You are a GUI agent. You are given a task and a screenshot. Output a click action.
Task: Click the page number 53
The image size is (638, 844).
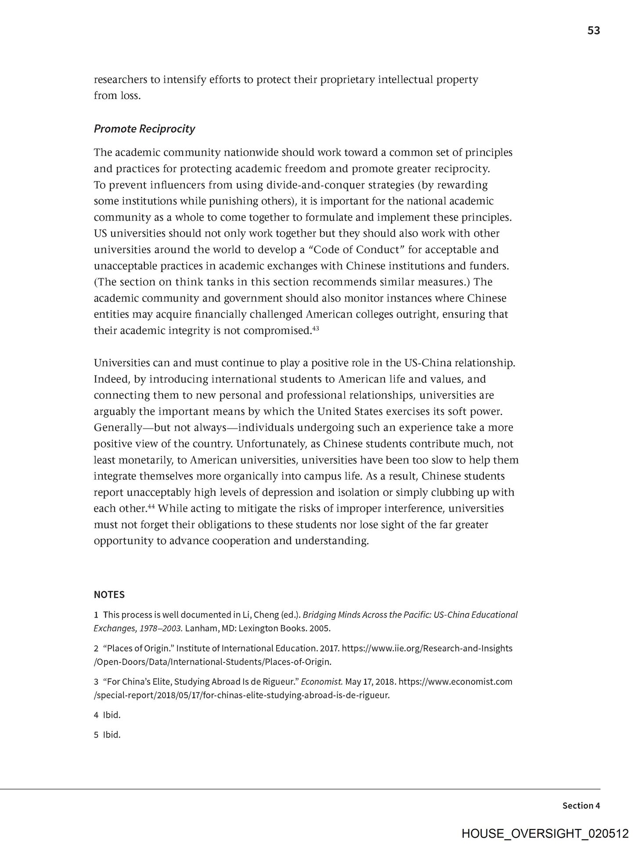coord(593,31)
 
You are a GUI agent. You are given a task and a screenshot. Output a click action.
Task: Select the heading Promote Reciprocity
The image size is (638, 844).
coord(144,129)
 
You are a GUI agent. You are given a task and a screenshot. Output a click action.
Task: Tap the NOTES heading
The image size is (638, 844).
coord(109,595)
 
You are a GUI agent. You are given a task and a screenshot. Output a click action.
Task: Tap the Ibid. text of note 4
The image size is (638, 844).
coord(112,715)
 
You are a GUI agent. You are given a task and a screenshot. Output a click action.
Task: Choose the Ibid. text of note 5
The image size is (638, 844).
coord(112,735)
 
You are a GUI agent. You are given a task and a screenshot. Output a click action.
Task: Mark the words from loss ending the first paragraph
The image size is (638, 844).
coord(117,96)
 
